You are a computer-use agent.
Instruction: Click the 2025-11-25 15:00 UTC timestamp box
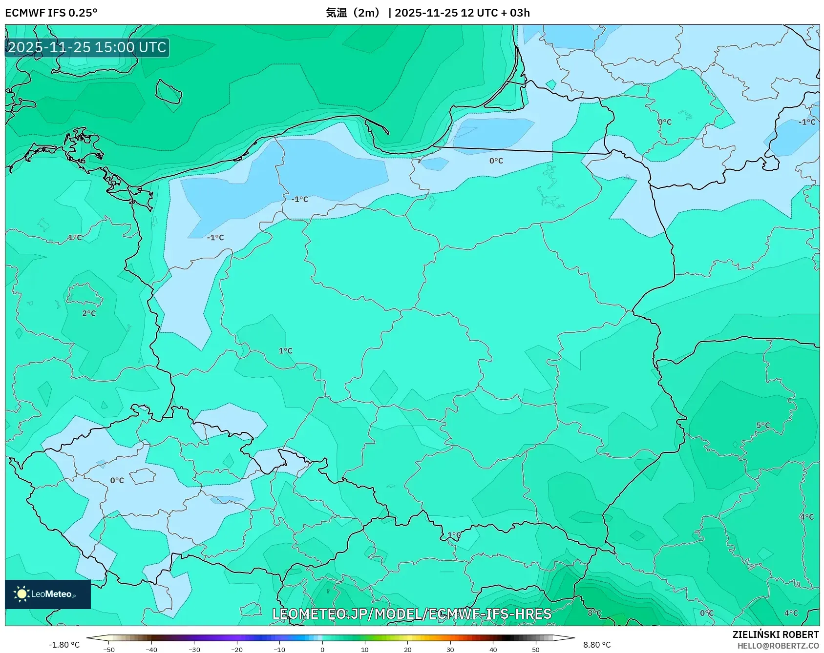click(87, 47)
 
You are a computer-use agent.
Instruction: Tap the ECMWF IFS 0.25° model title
click(51, 13)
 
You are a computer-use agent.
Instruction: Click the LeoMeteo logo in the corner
click(47, 594)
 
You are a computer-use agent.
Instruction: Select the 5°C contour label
click(763, 425)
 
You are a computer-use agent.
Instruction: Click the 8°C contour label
click(594, 613)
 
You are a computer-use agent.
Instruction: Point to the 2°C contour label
click(89, 313)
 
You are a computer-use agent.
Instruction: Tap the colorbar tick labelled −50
click(109, 649)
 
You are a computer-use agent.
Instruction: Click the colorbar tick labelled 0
click(322, 649)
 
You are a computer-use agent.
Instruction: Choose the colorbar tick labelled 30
click(450, 649)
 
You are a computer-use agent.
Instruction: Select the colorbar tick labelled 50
click(536, 649)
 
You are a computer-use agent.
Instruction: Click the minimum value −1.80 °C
click(64, 645)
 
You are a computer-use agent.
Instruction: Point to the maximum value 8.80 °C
click(596, 645)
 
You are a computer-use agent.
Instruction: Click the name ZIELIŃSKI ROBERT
click(775, 634)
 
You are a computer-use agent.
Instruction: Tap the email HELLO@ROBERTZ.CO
click(778, 646)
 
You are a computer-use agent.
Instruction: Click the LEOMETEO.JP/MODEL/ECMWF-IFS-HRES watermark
click(412, 614)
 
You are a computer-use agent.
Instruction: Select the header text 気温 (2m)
click(353, 13)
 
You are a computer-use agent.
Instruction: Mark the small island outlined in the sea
click(169, 91)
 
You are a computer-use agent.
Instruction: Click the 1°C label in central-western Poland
click(286, 351)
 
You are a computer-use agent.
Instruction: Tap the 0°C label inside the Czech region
click(117, 480)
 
